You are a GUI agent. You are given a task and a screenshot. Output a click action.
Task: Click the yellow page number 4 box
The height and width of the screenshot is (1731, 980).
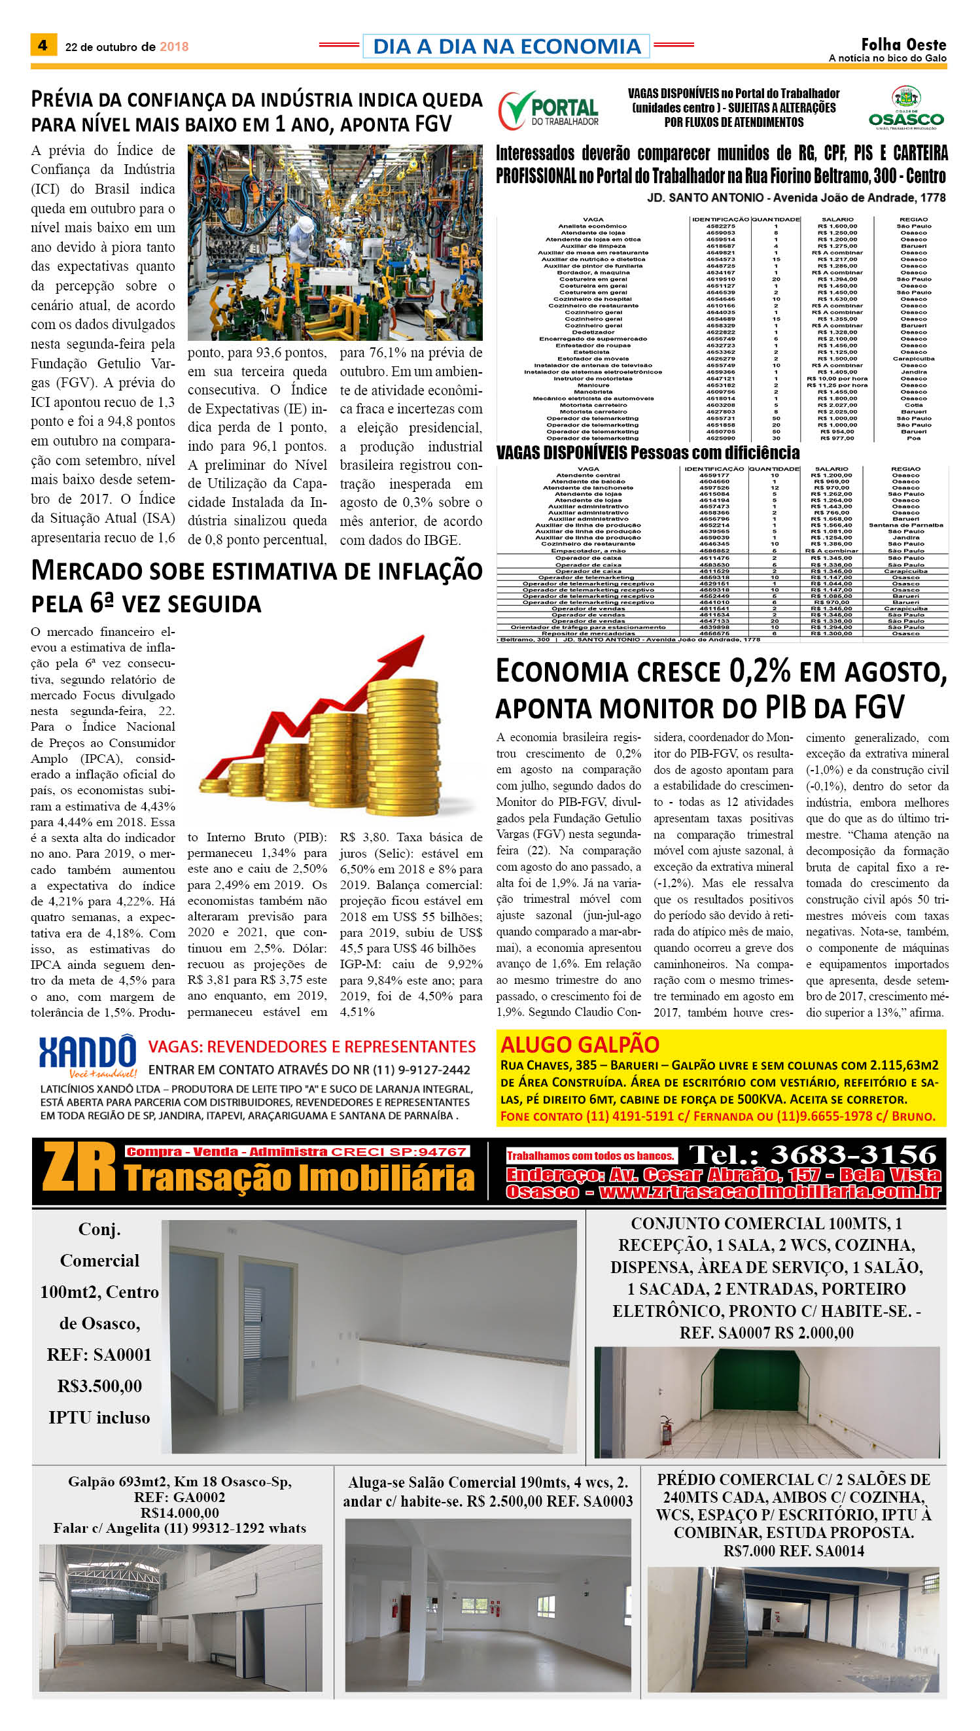[43, 45]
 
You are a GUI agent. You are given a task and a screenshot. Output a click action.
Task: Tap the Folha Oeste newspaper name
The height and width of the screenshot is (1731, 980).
[903, 44]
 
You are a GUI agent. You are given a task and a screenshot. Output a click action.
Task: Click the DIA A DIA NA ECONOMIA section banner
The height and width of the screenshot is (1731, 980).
[506, 46]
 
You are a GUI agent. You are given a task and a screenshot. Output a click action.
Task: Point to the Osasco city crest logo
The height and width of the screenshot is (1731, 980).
[906, 97]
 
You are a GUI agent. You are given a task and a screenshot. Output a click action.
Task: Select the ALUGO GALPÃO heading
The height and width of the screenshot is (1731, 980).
[580, 1045]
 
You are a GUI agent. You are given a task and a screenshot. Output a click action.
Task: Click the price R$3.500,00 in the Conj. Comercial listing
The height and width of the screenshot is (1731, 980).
[99, 1386]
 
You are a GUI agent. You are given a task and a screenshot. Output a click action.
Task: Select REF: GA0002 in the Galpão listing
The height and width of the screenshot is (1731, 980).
[180, 1497]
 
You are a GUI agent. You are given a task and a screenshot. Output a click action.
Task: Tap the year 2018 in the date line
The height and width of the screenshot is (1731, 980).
[173, 47]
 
